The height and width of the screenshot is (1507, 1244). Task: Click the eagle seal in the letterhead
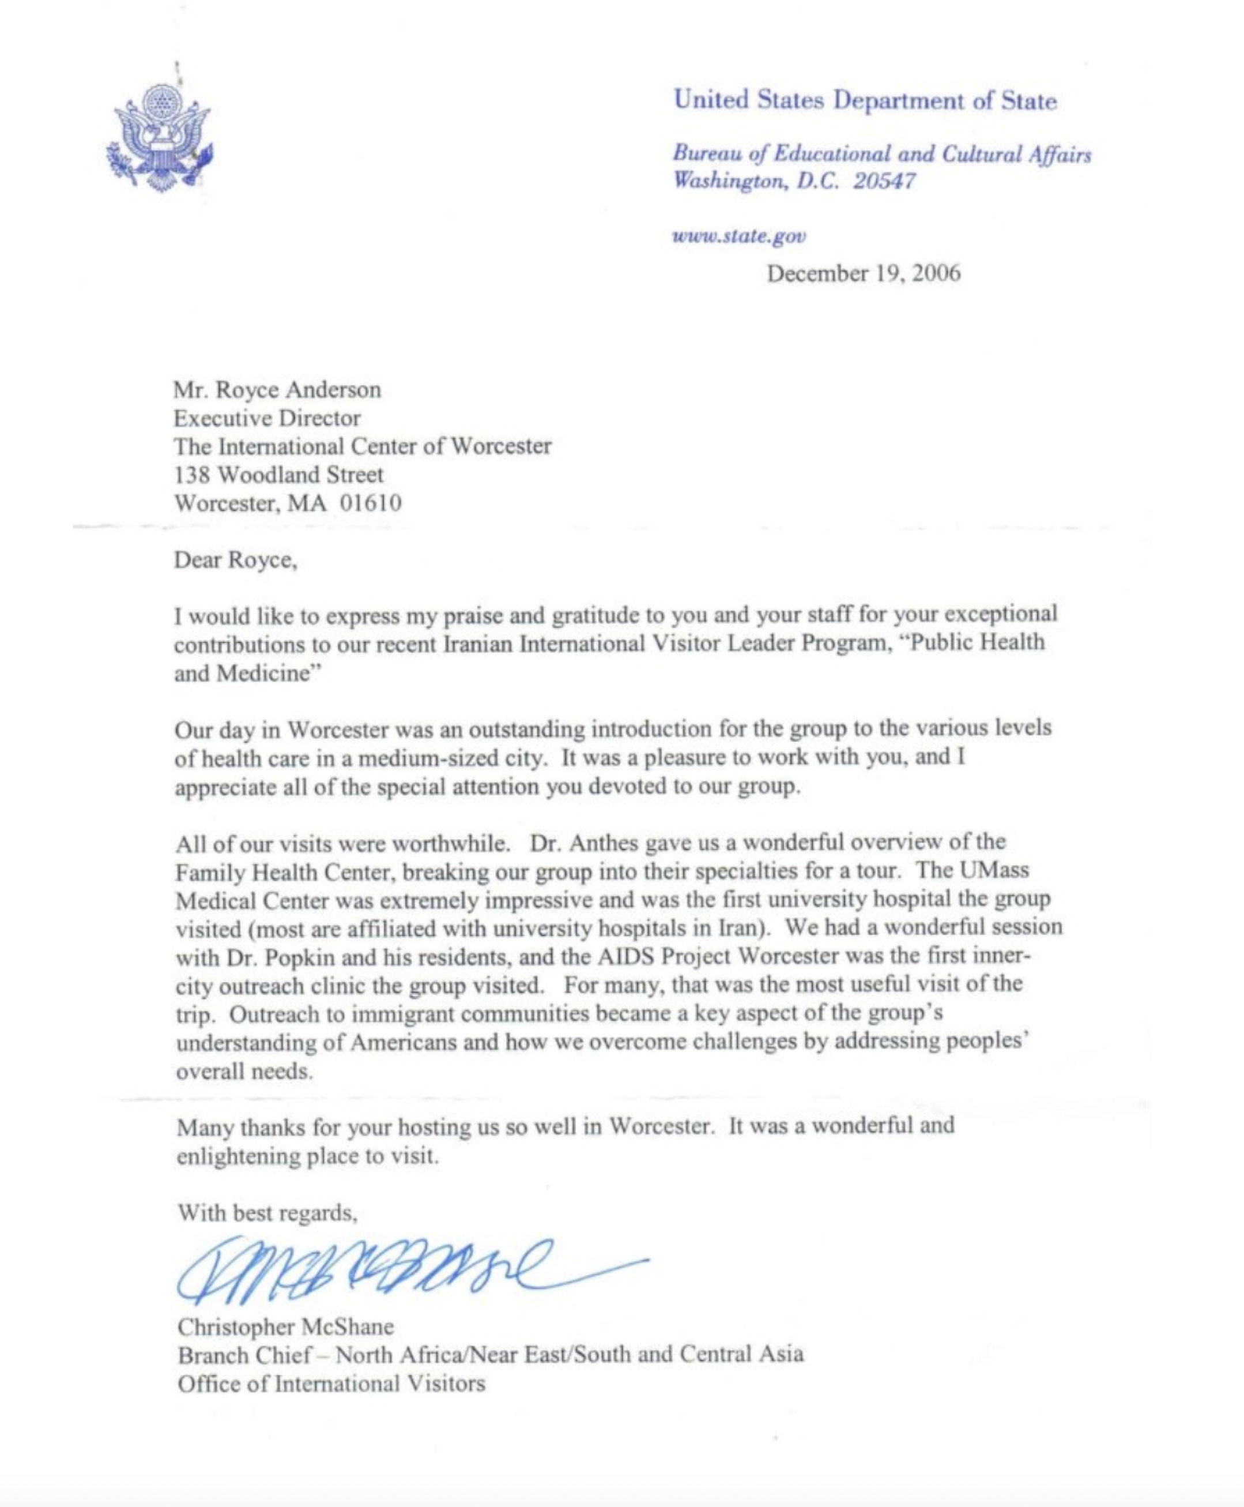pyautogui.click(x=159, y=136)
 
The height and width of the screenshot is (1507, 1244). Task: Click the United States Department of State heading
pyautogui.click(x=865, y=100)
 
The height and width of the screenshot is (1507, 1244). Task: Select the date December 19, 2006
pyautogui.click(x=864, y=274)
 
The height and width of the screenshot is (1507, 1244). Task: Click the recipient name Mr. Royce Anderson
pyautogui.click(x=277, y=390)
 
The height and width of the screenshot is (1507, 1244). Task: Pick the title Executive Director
pyautogui.click(x=267, y=418)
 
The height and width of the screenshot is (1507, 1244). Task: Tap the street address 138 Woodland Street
pyautogui.click(x=279, y=475)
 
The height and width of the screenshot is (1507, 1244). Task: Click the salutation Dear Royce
pyautogui.click(x=235, y=559)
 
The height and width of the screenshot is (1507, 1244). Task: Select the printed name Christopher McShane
pyautogui.click(x=285, y=1327)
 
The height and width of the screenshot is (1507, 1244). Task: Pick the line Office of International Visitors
pyautogui.click(x=331, y=1383)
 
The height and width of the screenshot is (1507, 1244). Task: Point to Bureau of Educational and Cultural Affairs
pyautogui.click(x=881, y=154)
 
